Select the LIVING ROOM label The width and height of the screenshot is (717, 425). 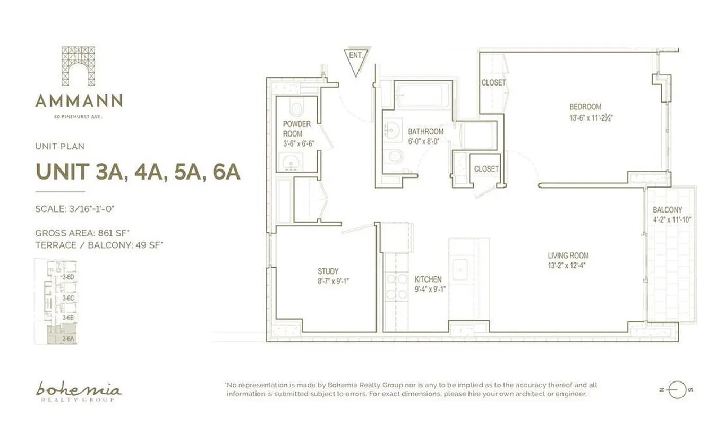click(568, 256)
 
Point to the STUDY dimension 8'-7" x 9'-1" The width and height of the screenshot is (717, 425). click(333, 282)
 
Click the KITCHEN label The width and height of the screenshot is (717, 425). click(428, 279)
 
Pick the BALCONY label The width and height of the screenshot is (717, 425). click(667, 210)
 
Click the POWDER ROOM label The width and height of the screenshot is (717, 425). click(296, 129)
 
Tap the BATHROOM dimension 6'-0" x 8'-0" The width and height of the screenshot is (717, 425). click(423, 141)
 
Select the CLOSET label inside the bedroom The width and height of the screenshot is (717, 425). click(493, 83)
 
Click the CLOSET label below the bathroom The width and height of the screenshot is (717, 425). click(486, 169)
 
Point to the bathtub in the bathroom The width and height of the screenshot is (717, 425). click(423, 96)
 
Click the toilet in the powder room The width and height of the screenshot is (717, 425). click(296, 108)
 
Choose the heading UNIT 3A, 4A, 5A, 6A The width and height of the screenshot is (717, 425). click(137, 172)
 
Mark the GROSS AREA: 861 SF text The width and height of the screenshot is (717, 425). click(99, 233)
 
